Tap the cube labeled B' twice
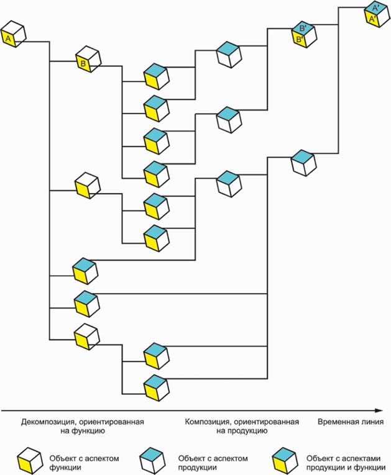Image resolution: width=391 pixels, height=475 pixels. [x=304, y=35]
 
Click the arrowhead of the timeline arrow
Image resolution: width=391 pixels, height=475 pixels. [x=378, y=410]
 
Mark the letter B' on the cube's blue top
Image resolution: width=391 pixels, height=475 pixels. [x=303, y=29]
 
